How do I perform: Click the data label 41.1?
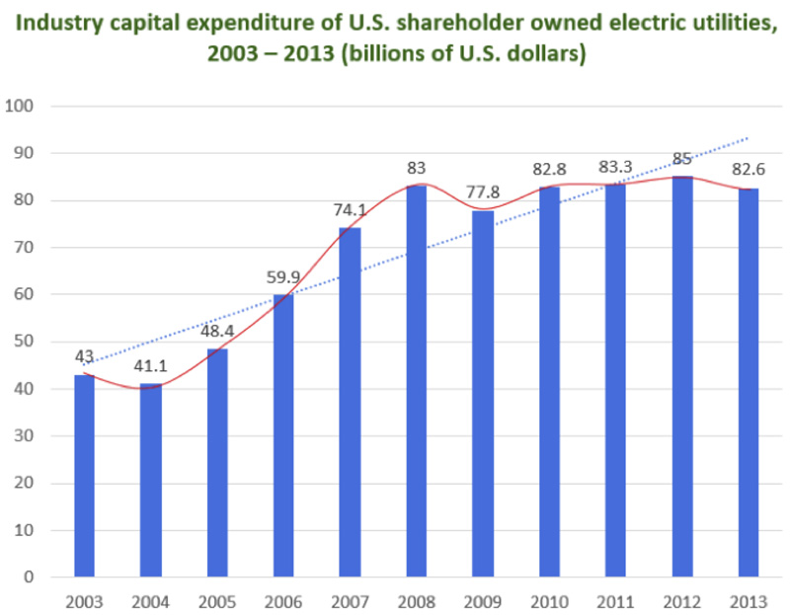[x=153, y=366]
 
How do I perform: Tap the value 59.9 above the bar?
[x=283, y=275]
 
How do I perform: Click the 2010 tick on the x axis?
[x=549, y=601]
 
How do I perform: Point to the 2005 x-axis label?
[x=218, y=601]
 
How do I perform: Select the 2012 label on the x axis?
[x=682, y=601]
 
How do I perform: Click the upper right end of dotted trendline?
[x=748, y=138]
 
